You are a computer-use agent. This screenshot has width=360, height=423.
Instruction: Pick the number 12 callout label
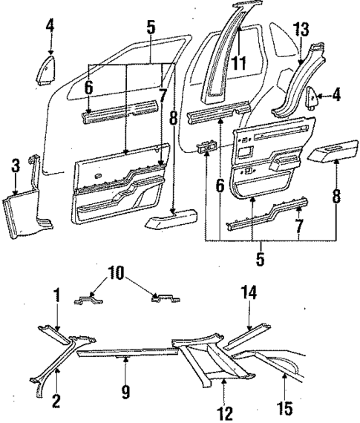click(226, 410)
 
